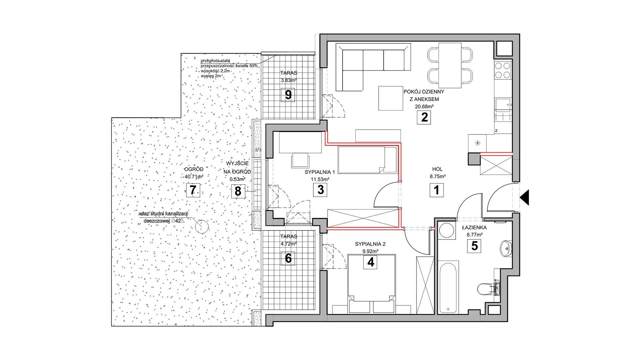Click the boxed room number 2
pos(424,118)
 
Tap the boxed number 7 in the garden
pos(192,191)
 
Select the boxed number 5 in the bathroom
pos(474,246)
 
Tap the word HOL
pos(437,169)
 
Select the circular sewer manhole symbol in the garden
pos(201,227)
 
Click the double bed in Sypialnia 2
pos(371,284)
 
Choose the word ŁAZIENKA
pos(474,228)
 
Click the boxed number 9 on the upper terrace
pos(288,95)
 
